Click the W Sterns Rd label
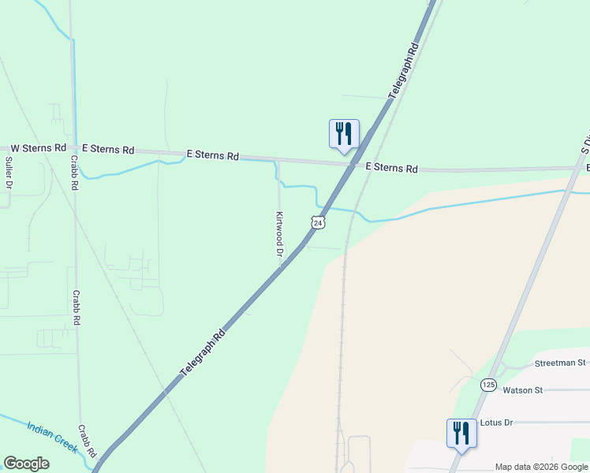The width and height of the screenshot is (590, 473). click(x=38, y=147)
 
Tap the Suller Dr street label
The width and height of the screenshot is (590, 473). click(x=9, y=173)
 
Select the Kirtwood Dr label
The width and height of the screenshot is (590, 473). click(x=278, y=234)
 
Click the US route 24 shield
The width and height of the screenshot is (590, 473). click(x=317, y=222)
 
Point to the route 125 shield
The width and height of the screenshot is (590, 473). click(x=488, y=384)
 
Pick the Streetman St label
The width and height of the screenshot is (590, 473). click(x=560, y=363)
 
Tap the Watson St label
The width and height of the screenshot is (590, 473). click(x=523, y=389)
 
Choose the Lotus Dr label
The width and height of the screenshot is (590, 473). click(x=496, y=423)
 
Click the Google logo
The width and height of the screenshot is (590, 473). click(x=26, y=464)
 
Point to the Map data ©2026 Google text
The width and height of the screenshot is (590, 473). click(x=541, y=467)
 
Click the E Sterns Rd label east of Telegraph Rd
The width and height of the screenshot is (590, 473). click(x=392, y=168)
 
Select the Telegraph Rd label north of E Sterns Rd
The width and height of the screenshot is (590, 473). click(x=403, y=71)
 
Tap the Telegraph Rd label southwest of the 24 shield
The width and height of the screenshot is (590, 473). click(x=204, y=350)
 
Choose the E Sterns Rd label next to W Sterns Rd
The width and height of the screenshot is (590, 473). click(x=108, y=149)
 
